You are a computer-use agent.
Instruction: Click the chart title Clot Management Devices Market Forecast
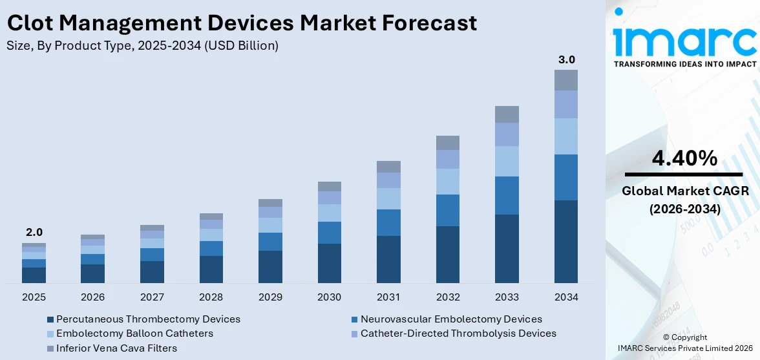pyautogui.click(x=242, y=23)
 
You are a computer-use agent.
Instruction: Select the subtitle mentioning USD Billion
pyautogui.click(x=143, y=45)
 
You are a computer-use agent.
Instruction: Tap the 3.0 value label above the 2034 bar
pyautogui.click(x=566, y=60)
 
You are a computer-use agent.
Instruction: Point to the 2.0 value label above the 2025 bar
pyautogui.click(x=34, y=232)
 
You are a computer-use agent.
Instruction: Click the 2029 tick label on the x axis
pyautogui.click(x=270, y=297)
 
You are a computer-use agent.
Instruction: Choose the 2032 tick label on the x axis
pyautogui.click(x=448, y=297)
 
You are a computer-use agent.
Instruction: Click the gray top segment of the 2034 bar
pyautogui.click(x=566, y=80)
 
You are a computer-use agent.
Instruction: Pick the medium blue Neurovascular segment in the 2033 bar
pyautogui.click(x=507, y=195)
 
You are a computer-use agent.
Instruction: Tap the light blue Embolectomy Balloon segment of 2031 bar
pyautogui.click(x=388, y=198)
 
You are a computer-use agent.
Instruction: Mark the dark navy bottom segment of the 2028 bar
pyautogui.click(x=211, y=270)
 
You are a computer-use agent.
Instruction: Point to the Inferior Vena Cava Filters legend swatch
pyautogui.click(x=50, y=348)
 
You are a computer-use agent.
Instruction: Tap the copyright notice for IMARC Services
pyautogui.click(x=684, y=343)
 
